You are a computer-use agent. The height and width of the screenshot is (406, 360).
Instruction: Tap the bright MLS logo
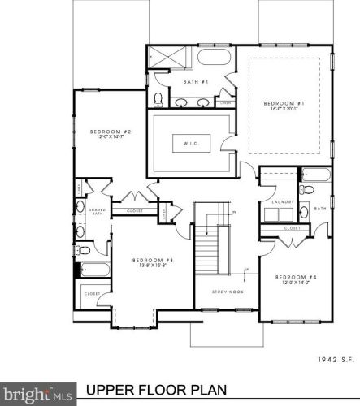click(37, 395)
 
